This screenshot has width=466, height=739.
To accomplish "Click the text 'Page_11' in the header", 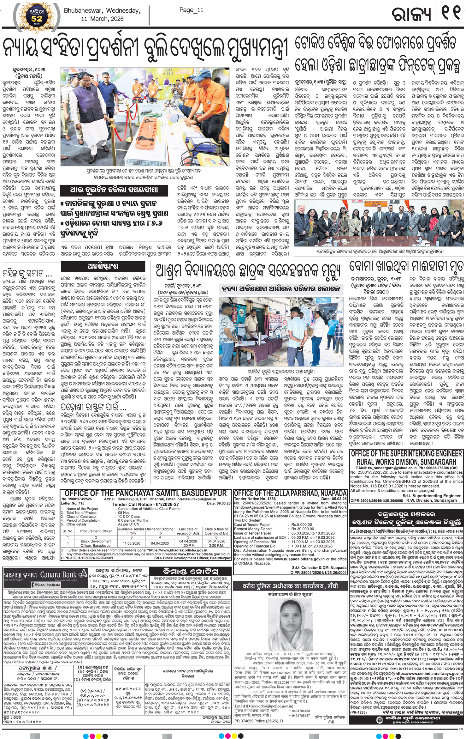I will [191, 10].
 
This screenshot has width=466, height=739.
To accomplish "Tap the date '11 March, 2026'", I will [102, 19].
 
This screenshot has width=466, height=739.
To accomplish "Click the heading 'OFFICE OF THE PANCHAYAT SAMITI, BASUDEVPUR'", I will [145, 493].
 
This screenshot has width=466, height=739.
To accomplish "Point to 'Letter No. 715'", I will [73, 503].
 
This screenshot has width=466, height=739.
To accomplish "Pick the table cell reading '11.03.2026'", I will [132, 543].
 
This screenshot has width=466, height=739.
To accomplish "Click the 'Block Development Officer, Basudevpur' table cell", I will [96, 543].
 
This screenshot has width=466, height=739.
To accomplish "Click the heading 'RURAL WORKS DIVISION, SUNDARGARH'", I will [406, 462].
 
